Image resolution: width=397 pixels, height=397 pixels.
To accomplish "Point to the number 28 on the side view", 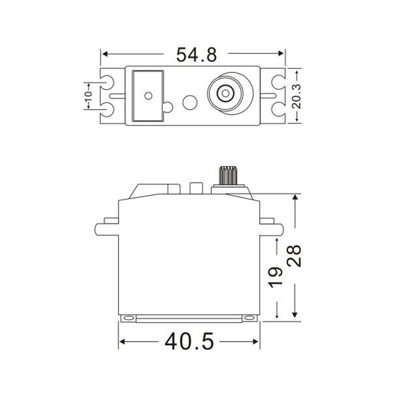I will [296, 256].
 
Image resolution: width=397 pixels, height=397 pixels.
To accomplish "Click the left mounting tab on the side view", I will [106, 229].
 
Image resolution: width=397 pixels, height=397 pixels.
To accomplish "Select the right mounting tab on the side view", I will [272, 229].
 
